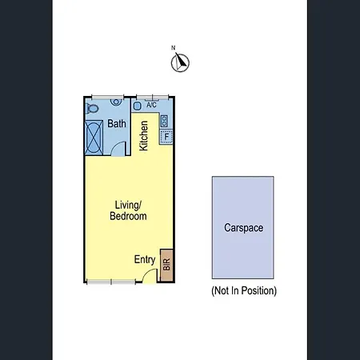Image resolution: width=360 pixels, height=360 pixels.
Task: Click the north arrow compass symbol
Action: pyautogui.click(x=180, y=62)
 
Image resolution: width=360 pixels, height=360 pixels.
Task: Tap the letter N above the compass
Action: pyautogui.click(x=173, y=48)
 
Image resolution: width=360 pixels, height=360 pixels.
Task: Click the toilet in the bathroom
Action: pyautogui.click(x=92, y=108)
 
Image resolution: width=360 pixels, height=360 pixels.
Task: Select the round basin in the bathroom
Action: pyautogui.click(x=116, y=102)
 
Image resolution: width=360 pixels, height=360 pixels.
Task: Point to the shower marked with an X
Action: pyautogui.click(x=94, y=138)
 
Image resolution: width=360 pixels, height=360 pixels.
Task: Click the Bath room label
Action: pyautogui.click(x=117, y=123)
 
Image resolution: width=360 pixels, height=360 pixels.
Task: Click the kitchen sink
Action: pyautogui.click(x=137, y=106)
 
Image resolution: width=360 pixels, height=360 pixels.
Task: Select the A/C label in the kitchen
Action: pyautogui.click(x=151, y=105)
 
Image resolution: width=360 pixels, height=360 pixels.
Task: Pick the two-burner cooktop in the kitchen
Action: pyautogui.click(x=164, y=121)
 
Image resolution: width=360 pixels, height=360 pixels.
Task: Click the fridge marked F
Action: pyautogui.click(x=166, y=137)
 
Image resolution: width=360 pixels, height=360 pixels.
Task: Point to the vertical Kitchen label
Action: pyautogui.click(x=143, y=136)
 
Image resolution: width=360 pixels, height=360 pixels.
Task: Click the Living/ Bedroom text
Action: pyautogui.click(x=128, y=210)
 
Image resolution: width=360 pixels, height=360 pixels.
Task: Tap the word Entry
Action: pyautogui.click(x=145, y=259)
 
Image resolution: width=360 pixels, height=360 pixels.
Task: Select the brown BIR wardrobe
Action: pyautogui.click(x=166, y=265)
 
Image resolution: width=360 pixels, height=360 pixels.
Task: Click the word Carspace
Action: pyautogui.click(x=243, y=228)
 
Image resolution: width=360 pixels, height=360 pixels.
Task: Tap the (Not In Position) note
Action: pyautogui.click(x=244, y=290)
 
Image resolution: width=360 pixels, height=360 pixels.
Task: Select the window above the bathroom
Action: pyautogui.click(x=107, y=97)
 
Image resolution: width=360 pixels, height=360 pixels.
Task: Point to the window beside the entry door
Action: pyautogui.click(x=111, y=282)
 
